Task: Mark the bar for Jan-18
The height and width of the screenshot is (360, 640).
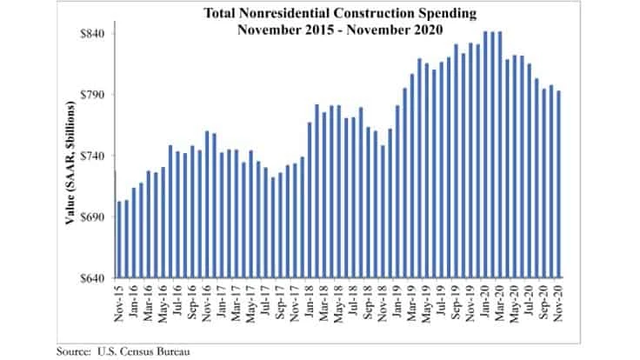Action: click(310, 200)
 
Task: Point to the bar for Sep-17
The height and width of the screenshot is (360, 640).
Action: click(280, 225)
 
